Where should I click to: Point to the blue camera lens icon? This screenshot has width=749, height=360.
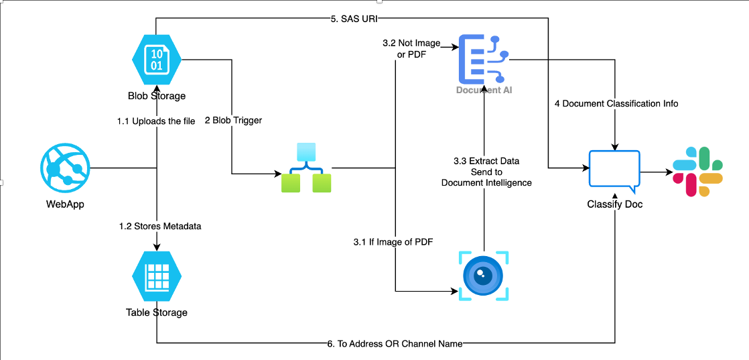click(x=483, y=276)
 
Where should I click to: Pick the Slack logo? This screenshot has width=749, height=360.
click(x=698, y=172)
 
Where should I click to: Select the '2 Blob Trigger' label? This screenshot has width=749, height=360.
click(x=233, y=121)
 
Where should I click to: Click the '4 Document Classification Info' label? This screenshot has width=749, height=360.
click(x=616, y=103)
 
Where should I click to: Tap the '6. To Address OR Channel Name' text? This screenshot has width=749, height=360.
click(x=395, y=343)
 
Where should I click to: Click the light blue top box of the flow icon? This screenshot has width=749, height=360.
click(x=305, y=152)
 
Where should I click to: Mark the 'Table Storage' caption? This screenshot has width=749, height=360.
click(x=157, y=312)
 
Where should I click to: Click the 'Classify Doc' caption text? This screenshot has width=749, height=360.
click(x=614, y=204)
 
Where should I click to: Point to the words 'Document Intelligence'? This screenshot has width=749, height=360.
click(x=486, y=182)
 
